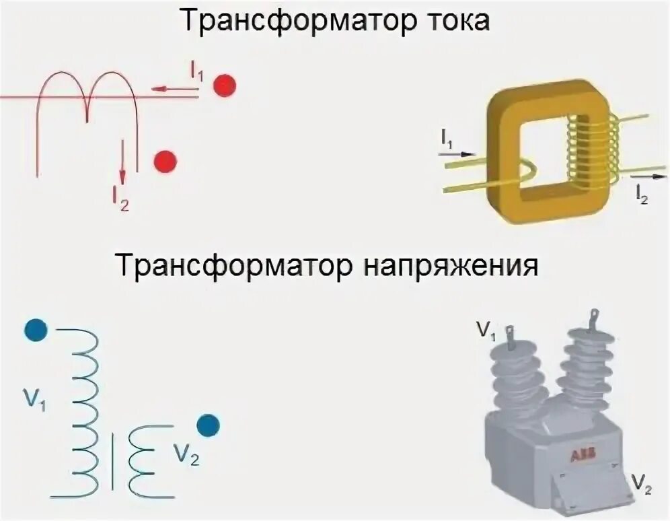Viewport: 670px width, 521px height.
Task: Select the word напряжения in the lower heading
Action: (452, 265)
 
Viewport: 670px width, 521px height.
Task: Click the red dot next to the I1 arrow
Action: (224, 85)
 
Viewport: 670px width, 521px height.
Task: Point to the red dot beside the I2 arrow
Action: (165, 162)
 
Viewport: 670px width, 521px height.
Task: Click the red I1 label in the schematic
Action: (196, 71)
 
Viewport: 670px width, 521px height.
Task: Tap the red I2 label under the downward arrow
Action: (120, 197)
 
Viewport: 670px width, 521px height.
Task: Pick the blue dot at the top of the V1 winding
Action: (35, 330)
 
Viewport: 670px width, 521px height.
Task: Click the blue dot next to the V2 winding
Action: (209, 425)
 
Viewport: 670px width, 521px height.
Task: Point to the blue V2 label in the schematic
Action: (186, 455)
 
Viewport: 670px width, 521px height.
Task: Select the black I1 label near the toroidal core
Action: (449, 139)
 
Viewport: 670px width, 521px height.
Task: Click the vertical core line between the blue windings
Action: (112, 461)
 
